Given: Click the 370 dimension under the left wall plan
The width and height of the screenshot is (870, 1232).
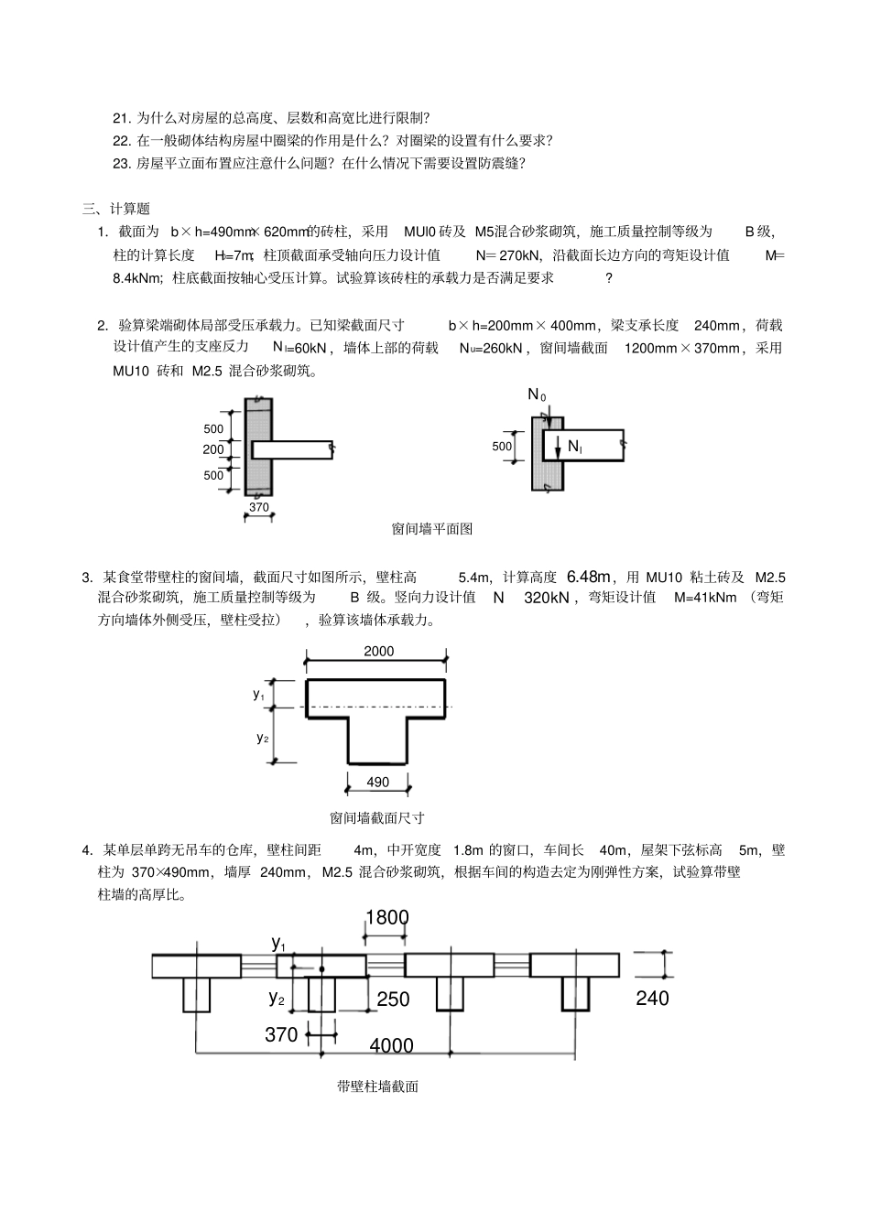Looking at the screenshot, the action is pos(259,507).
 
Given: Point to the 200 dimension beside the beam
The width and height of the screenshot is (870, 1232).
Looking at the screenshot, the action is pos(213,449).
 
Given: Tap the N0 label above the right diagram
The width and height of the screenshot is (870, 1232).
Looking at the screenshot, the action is pos(537,394).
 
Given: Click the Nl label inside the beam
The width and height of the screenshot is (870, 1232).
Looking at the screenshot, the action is pos(575,446).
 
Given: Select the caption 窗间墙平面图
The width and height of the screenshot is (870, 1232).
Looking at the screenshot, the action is pos(431,528).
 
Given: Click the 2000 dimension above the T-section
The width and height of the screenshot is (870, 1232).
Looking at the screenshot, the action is pos(378,651).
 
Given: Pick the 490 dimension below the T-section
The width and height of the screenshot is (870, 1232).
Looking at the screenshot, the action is pos(377,782).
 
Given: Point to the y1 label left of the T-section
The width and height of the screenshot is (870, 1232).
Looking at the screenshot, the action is pos(259,694).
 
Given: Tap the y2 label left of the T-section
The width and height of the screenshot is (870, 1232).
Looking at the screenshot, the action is pos(262,737).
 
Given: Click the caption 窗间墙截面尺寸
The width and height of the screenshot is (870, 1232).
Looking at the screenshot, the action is pos(376,817).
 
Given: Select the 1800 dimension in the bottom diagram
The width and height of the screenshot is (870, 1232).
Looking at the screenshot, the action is pos(386,917).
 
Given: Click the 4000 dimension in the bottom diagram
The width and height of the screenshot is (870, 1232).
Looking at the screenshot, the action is pos(391,1045).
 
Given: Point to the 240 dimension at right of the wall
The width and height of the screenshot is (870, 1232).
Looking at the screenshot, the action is pos(652,998).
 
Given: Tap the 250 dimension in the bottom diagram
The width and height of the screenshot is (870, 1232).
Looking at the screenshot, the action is pos(393,1000).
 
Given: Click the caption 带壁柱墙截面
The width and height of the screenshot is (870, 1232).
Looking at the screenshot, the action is pos(377,1086).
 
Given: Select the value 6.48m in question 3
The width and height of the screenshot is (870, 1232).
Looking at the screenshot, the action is pos(589,577).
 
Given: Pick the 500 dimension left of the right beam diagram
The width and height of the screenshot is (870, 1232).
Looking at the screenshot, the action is pos(502,447).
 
